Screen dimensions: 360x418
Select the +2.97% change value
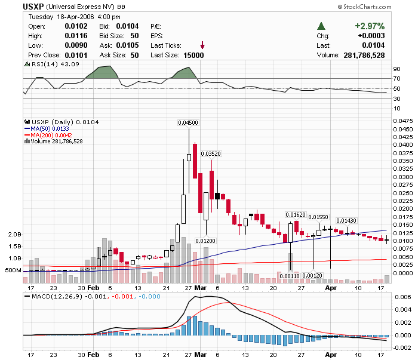coord(369,26)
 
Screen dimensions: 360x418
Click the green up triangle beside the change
coord(321,26)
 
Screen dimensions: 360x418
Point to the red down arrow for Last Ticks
coord(202,45)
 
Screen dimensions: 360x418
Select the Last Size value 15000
coord(193,55)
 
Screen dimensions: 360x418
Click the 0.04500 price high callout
coord(188,122)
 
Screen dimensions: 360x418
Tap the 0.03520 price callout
coord(210,153)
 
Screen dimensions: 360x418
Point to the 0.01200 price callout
coord(206,241)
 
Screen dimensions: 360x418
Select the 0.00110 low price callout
coord(290,275)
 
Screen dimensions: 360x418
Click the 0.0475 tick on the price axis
coord(401,121)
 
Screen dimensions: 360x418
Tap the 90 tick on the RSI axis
coord(396,69)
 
